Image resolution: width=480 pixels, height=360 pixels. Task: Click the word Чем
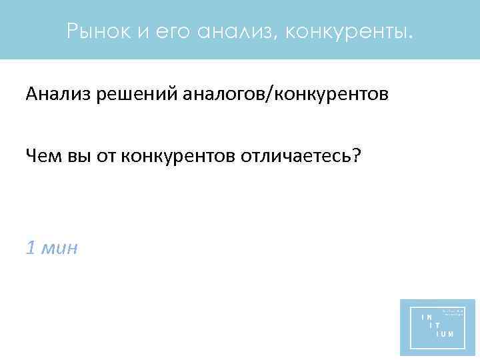click(x=41, y=156)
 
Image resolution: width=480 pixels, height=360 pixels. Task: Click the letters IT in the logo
click(x=435, y=325)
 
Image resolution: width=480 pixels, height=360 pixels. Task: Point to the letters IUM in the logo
click(x=445, y=333)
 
